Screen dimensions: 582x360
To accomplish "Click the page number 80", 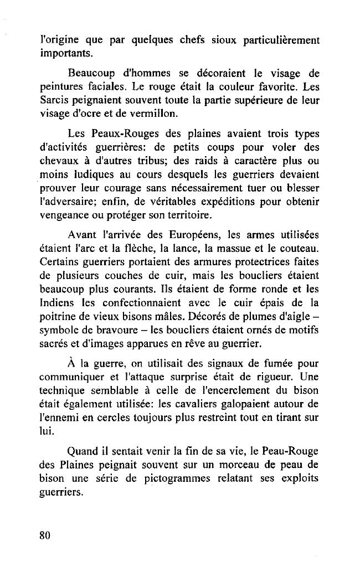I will (x=45, y=535).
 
